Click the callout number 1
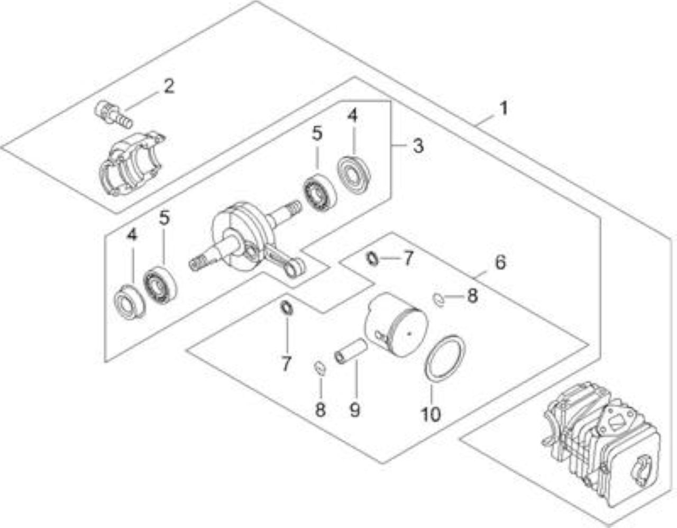point(503,108)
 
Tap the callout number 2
point(169,86)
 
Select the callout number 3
point(418,145)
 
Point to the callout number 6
point(500,262)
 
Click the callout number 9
point(355,410)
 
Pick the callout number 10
point(431,414)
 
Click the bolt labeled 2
point(113,114)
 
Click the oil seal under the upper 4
point(354,175)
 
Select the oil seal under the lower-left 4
point(130,302)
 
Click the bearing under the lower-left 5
point(160,285)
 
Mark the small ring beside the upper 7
point(372,259)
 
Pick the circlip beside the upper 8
point(438,299)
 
